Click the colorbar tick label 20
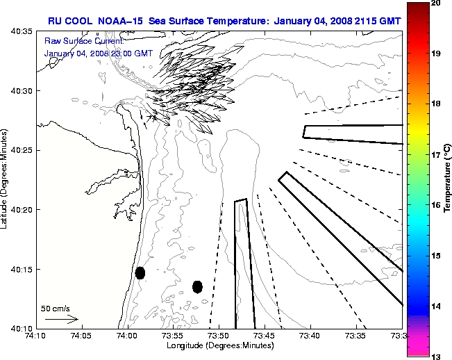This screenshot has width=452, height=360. coord(436,3)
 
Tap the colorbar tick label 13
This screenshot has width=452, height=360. coord(436,356)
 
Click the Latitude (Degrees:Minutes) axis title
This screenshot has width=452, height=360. coord(6,179)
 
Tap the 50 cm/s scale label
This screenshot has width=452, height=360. coord(55,308)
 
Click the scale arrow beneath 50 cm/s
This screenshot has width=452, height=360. coord(61,319)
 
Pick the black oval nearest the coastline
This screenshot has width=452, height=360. coord(140,272)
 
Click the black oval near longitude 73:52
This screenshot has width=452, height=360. coord(197,286)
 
